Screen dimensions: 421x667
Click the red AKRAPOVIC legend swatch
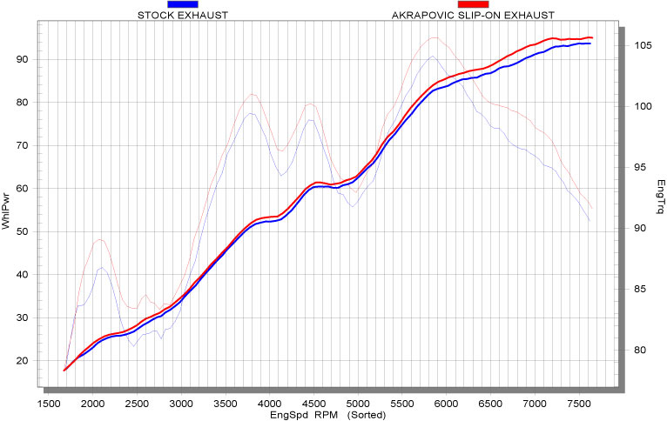(x=472, y=5)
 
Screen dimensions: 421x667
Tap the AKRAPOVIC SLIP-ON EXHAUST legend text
(x=473, y=16)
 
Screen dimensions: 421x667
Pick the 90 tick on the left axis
(x=24, y=59)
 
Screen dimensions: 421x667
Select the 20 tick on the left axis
(x=24, y=360)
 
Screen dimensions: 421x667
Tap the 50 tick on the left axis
(x=24, y=231)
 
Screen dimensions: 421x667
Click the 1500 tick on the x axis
(x=48, y=404)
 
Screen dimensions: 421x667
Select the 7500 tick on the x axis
(x=578, y=404)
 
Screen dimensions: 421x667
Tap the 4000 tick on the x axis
(x=269, y=404)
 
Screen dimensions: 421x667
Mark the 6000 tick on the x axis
(x=446, y=404)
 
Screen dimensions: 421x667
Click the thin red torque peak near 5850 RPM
(x=433, y=37)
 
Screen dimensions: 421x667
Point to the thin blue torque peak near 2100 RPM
(x=102, y=267)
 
